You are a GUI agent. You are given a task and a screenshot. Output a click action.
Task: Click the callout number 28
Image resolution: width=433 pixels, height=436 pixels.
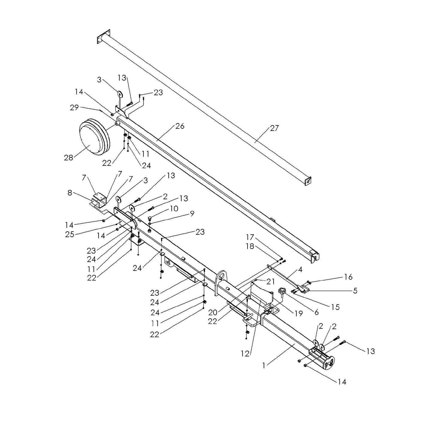point(68,157)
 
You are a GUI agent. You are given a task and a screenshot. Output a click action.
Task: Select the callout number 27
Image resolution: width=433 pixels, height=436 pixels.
point(274,128)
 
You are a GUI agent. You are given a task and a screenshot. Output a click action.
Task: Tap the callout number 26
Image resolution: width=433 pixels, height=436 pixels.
point(180,126)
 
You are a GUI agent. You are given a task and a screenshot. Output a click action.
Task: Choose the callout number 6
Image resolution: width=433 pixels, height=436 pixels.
point(316,312)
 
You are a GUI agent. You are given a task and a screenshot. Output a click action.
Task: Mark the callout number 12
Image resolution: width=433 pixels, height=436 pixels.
point(245,354)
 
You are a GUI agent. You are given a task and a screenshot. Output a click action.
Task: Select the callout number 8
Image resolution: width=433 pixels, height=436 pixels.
point(70,193)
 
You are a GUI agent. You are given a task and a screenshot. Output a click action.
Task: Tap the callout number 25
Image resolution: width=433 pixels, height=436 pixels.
point(70,234)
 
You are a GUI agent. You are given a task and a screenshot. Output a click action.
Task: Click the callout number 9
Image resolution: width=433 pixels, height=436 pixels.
point(192,214)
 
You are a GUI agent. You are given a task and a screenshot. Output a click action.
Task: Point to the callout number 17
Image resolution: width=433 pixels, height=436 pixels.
point(250,237)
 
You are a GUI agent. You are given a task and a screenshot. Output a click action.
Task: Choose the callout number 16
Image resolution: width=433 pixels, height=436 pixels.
point(348,277)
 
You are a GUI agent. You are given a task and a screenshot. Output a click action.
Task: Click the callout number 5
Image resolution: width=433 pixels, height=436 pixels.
point(355,290)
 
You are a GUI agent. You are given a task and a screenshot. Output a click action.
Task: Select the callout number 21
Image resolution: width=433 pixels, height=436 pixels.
point(270,281)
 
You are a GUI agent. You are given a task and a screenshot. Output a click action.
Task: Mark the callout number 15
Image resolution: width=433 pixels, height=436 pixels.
point(335,307)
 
